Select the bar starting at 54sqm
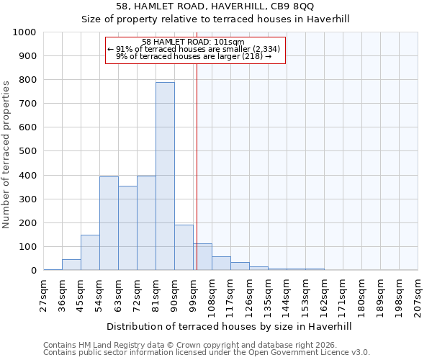coord(109,223)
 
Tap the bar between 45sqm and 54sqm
coord(90,253)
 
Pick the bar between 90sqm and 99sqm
coord(184,248)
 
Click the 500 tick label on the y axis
coord(27,151)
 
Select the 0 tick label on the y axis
coord(34,271)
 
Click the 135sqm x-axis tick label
coord(269,296)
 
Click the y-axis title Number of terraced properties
coord(6,154)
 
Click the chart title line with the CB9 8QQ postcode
coord(215,6)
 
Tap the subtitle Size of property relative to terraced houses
coord(215,19)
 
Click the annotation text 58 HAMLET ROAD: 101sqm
coord(193,42)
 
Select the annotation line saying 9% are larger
coord(193,56)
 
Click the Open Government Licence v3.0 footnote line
coord(206,352)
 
